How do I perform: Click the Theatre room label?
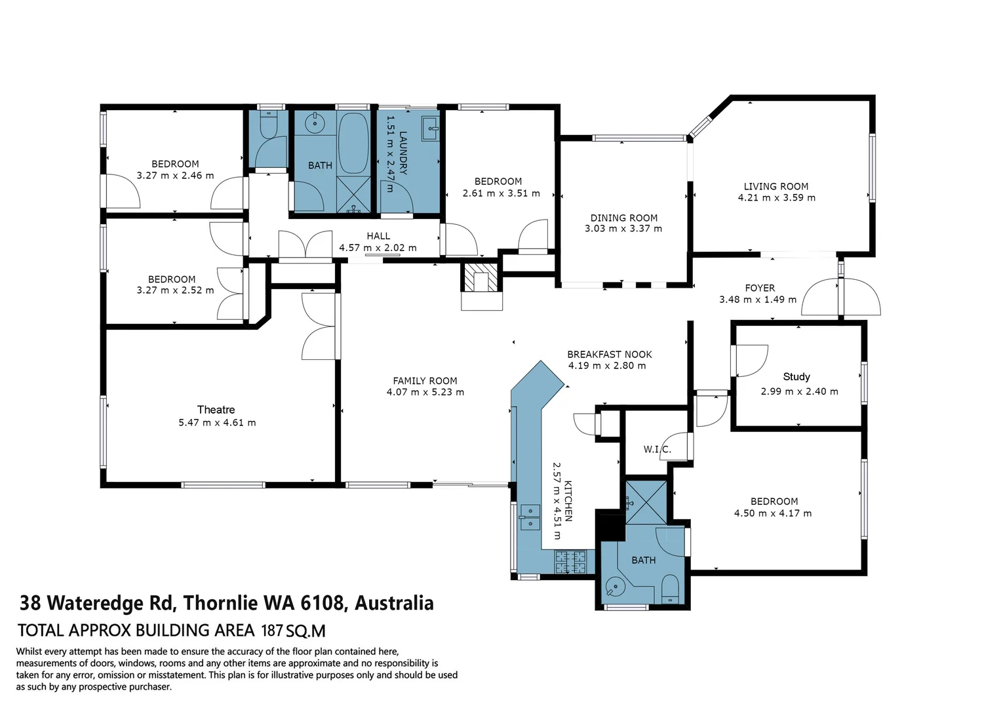[216, 410]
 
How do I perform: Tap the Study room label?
[796, 376]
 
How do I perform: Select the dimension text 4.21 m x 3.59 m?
[777, 197]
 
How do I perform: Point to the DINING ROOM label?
[623, 218]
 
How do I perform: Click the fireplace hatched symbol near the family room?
[481, 277]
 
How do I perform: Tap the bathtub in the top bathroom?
[353, 142]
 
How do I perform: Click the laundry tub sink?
[430, 126]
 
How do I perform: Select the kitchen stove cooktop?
[570, 562]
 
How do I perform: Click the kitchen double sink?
[530, 517]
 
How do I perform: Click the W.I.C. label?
[657, 449]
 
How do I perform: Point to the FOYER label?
[760, 288]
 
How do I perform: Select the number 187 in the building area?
[272, 631]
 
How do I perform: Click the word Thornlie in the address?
[220, 603]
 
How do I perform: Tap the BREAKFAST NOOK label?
[610, 354]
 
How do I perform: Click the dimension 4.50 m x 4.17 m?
[773, 513]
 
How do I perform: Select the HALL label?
[378, 236]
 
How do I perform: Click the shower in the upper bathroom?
[354, 194]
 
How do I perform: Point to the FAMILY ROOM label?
[425, 380]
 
